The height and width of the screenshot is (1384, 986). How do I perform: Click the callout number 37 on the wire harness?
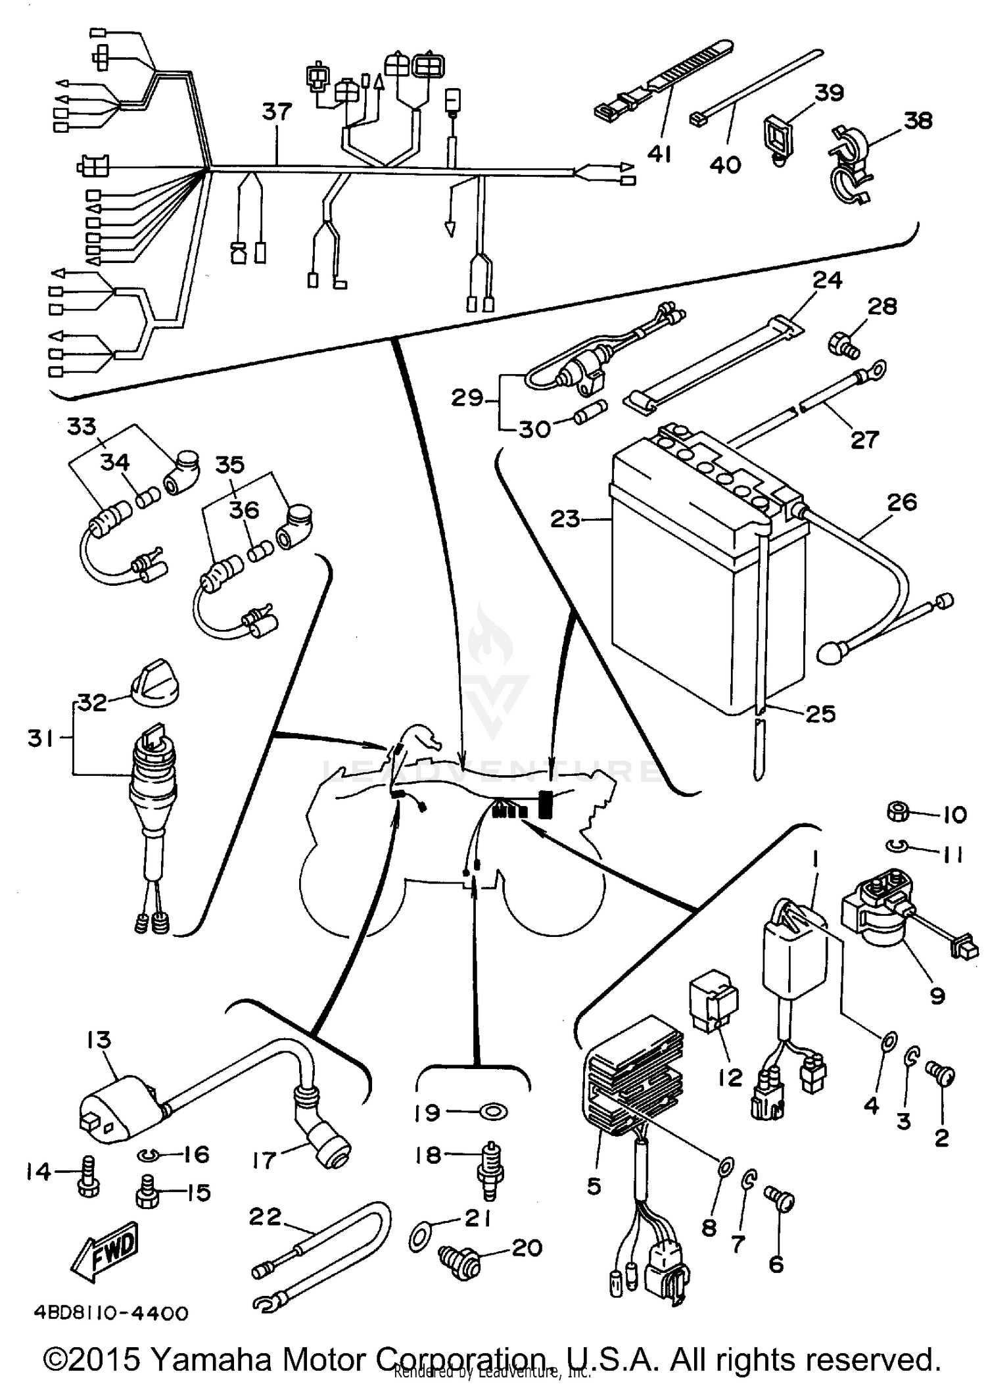pyautogui.click(x=277, y=112)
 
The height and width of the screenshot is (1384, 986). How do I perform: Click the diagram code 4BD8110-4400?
pyautogui.click(x=111, y=1313)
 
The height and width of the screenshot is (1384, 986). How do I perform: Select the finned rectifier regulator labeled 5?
pyautogui.click(x=634, y=1078)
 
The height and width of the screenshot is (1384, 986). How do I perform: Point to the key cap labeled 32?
pyautogui.click(x=155, y=686)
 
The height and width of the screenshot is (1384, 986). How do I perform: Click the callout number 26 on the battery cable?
pyautogui.click(x=901, y=503)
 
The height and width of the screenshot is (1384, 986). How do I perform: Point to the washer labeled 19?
pyautogui.click(x=494, y=1112)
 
